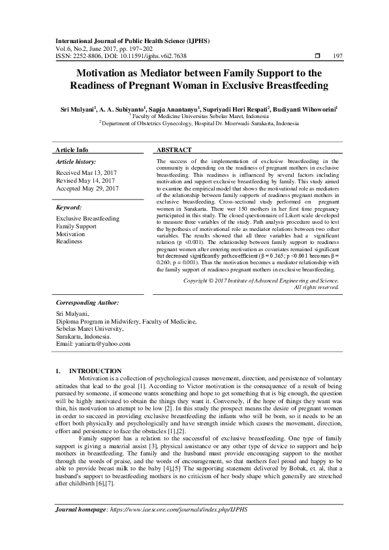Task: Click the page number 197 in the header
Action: point(337,57)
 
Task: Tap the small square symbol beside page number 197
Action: point(317,57)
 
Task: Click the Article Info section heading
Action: point(72,149)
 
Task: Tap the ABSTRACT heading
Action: point(174,149)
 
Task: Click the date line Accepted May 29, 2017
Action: point(87,189)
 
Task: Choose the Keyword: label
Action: point(73,207)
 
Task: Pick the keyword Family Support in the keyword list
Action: point(78,226)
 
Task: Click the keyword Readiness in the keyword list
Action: point(69,241)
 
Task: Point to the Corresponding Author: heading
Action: point(87,303)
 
